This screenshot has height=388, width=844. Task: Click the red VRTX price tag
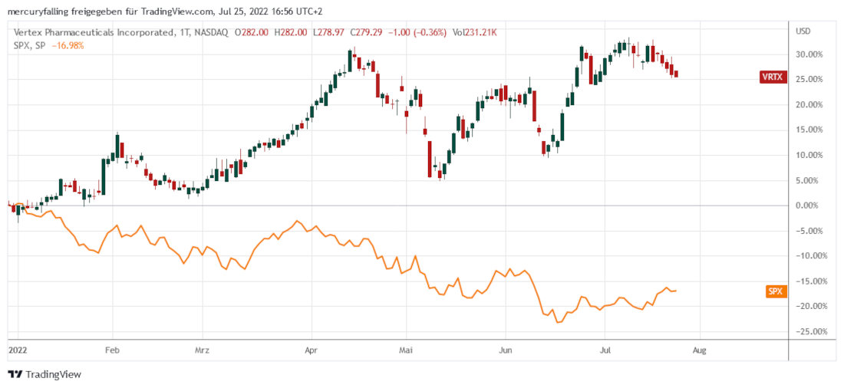point(770,77)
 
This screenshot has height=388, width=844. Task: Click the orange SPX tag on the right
point(776,291)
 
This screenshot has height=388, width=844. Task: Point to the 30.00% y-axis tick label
point(812,54)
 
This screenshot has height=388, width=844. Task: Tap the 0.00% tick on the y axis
point(814,206)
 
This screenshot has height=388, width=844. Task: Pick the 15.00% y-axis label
point(812,130)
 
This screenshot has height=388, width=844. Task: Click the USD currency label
point(804,31)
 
